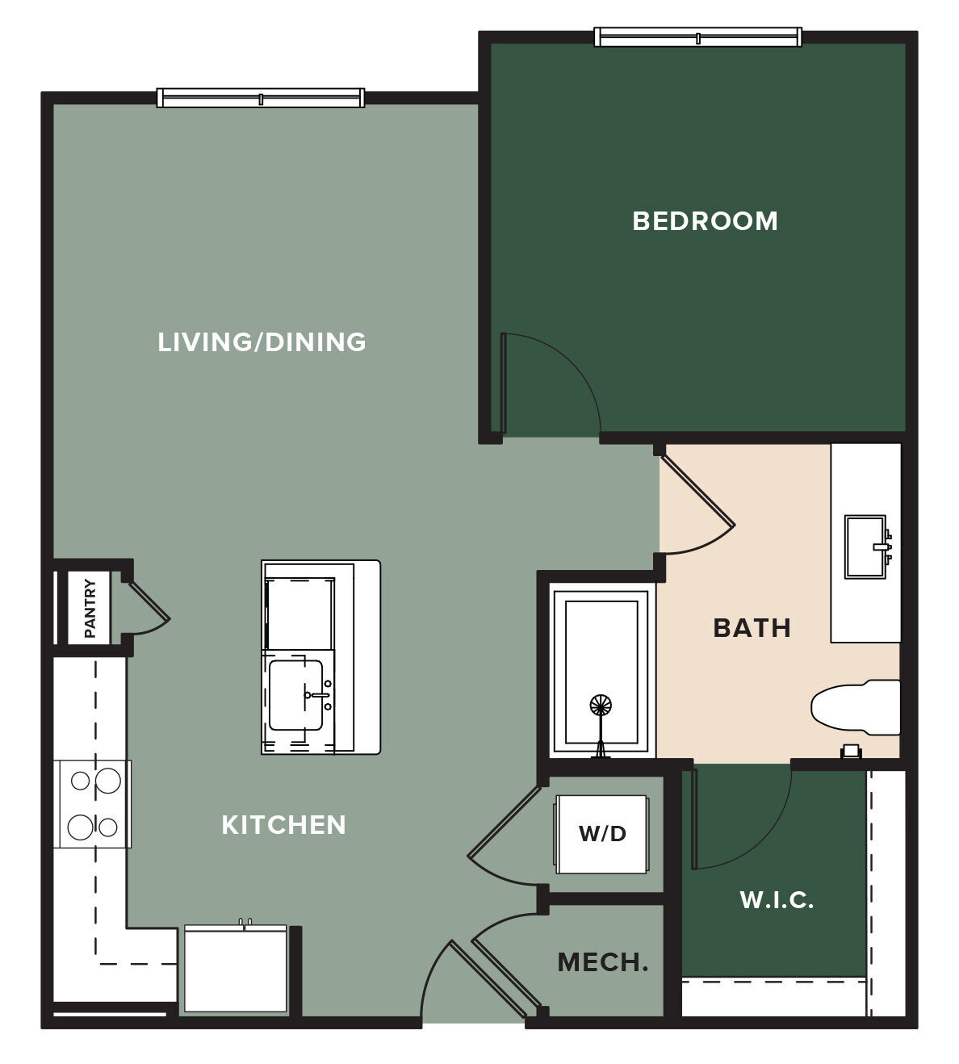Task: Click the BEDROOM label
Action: point(705,221)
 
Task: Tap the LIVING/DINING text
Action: point(262,341)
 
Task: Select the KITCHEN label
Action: point(284,825)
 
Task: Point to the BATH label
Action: point(752,628)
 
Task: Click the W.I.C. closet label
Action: point(777,900)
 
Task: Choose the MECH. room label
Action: point(603,962)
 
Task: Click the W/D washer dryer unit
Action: point(601,834)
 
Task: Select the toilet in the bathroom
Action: point(855,707)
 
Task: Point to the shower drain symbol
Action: point(601,705)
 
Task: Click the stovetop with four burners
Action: point(94,803)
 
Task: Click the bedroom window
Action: point(697,37)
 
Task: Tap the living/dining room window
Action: point(261,98)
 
